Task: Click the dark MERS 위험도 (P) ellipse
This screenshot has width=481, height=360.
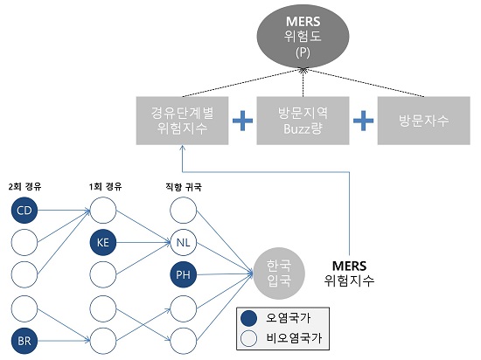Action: click(x=303, y=36)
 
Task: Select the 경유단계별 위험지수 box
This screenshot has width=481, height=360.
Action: click(x=182, y=121)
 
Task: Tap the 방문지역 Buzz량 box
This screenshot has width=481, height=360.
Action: click(x=303, y=121)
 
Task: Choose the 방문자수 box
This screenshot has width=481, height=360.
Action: click(x=423, y=121)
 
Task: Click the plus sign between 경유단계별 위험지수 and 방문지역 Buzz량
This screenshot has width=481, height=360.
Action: click(x=242, y=121)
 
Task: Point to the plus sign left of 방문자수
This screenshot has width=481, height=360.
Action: click(x=363, y=121)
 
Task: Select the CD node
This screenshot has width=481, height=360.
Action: click(x=24, y=211)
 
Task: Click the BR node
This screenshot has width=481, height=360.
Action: click(x=24, y=341)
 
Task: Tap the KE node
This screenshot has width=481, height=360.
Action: click(x=103, y=242)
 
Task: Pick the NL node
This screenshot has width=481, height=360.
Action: click(x=183, y=242)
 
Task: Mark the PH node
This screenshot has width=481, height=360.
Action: click(x=183, y=274)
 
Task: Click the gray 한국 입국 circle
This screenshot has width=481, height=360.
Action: click(x=279, y=273)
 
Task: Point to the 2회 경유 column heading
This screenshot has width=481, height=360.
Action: click(x=24, y=186)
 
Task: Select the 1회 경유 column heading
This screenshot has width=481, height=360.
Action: click(x=105, y=186)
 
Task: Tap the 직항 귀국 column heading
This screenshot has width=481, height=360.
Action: click(x=184, y=187)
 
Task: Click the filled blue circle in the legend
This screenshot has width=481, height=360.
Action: click(x=248, y=319)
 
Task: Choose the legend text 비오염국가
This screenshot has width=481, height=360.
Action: click(x=294, y=338)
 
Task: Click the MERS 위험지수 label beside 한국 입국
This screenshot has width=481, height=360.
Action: click(x=350, y=273)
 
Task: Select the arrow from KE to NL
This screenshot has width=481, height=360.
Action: click(x=143, y=243)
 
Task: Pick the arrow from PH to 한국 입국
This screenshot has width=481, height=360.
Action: click(x=225, y=274)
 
